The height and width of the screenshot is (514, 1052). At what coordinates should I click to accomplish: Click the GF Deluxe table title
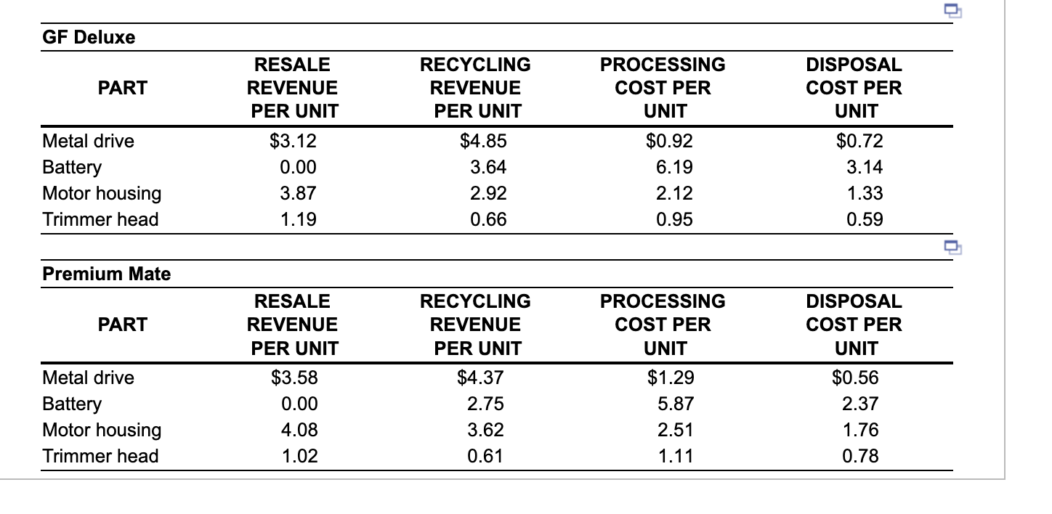pyautogui.click(x=89, y=38)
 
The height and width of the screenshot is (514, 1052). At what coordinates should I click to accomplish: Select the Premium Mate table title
pyautogui.click(x=107, y=274)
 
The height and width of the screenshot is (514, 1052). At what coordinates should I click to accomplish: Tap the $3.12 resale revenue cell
pyautogui.click(x=294, y=141)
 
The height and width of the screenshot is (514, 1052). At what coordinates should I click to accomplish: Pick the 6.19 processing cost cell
pyautogui.click(x=674, y=167)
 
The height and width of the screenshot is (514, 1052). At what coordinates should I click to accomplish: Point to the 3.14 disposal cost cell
pyautogui.click(x=865, y=167)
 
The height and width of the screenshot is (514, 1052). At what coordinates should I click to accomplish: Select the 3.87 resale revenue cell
pyautogui.click(x=299, y=193)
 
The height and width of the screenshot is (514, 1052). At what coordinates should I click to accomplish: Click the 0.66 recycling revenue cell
pyautogui.click(x=488, y=219)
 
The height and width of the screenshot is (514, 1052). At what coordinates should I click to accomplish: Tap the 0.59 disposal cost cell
pyautogui.click(x=865, y=219)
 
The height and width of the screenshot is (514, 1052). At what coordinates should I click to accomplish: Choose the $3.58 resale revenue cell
pyautogui.click(x=294, y=378)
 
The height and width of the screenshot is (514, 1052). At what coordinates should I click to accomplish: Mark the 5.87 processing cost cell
pyautogui.click(x=674, y=404)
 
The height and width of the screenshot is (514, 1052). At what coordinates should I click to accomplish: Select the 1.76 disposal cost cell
pyautogui.click(x=860, y=430)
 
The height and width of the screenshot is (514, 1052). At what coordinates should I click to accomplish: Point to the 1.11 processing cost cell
pyautogui.click(x=674, y=456)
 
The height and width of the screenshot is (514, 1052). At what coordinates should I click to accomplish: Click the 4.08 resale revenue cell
pyautogui.click(x=299, y=430)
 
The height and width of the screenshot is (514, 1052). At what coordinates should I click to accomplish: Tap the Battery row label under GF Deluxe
pyautogui.click(x=72, y=167)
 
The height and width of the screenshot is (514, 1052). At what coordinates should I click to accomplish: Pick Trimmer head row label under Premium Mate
pyautogui.click(x=100, y=456)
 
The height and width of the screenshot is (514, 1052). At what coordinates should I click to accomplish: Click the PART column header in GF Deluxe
pyautogui.click(x=122, y=88)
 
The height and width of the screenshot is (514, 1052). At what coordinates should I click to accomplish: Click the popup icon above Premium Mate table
pyautogui.click(x=952, y=246)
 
